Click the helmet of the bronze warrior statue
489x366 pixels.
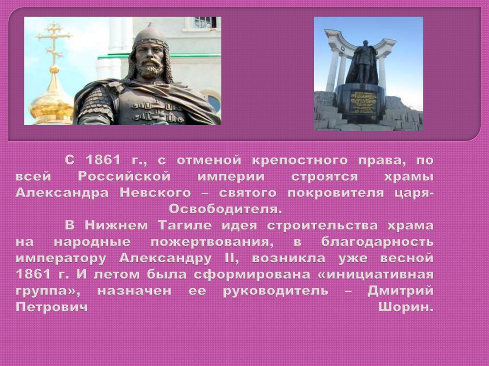click(150, 36)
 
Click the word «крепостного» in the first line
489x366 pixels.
click(299, 160)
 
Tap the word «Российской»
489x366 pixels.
click(124, 177)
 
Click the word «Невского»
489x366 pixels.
click(155, 193)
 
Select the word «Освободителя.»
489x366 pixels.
click(225, 209)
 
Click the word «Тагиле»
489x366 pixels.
click(185, 225)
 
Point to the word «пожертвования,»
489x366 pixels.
click(212, 242)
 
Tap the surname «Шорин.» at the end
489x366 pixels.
click(406, 308)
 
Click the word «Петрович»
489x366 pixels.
click(52, 308)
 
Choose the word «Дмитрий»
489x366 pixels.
click(401, 291)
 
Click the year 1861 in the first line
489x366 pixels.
click(103, 160)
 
